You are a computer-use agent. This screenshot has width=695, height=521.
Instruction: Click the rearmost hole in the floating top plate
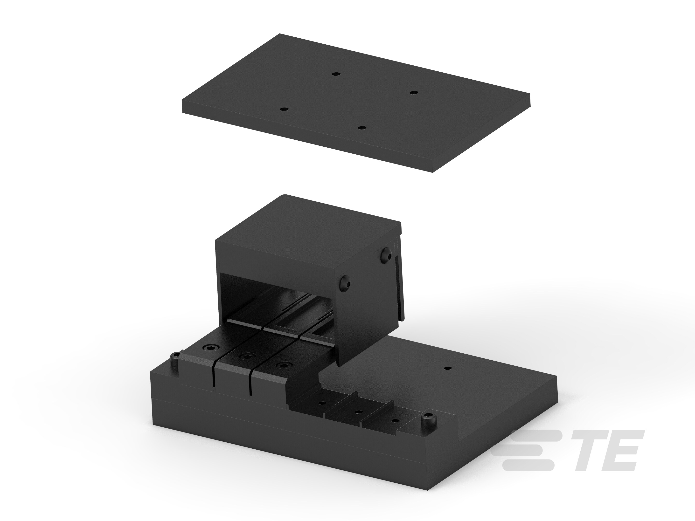click(x=336, y=74)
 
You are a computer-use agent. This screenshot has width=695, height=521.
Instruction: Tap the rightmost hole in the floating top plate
click(x=414, y=93)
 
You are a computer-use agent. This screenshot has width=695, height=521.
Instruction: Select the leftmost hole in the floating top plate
click(x=284, y=109)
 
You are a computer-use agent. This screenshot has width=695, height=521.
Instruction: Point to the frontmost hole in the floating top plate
click(x=362, y=128)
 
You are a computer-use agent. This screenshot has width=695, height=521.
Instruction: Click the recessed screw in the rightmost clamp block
click(x=283, y=365)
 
